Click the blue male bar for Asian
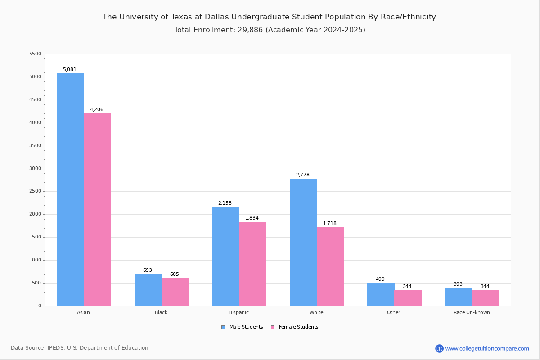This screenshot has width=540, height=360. [70, 190]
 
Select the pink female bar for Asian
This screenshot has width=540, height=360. [97, 210]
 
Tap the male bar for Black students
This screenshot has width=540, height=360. [148, 290]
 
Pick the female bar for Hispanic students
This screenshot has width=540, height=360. [252, 264]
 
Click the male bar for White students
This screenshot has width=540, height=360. [303, 243]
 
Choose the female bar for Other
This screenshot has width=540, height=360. [408, 298]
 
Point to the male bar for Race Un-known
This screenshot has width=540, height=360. [459, 297]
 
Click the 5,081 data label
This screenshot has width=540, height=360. [70, 69]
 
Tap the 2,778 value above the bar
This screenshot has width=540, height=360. [303, 175]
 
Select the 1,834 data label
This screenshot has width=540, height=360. [252, 218]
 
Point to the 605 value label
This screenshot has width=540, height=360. [175, 274]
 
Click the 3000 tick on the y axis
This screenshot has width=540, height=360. [36, 169]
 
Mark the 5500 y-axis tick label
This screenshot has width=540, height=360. [36, 54]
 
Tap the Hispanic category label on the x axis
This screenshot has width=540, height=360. [238, 312]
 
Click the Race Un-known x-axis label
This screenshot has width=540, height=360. [472, 312]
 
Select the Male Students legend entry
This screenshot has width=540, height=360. [242, 327]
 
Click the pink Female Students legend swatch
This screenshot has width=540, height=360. [273, 327]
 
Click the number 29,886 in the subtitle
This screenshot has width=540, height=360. [250, 30]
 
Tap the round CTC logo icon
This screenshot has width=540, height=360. [439, 348]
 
